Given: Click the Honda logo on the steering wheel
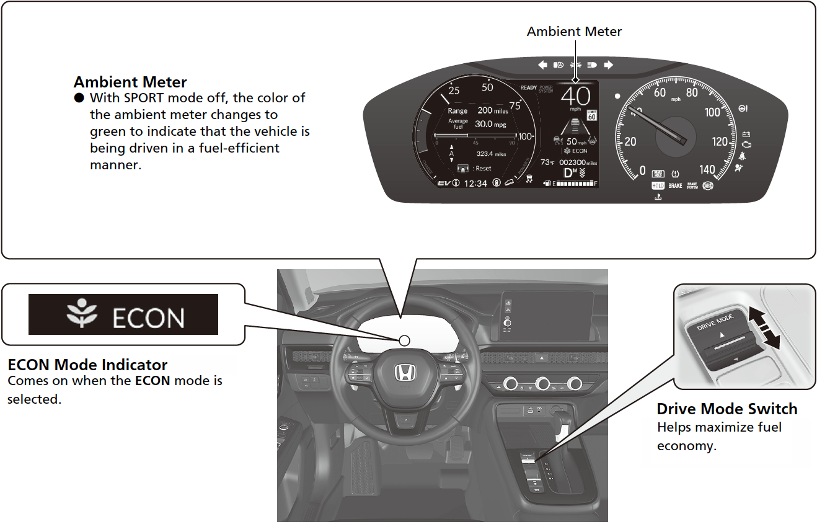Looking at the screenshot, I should coord(405,373).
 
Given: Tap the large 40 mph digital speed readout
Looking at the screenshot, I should coord(575,97).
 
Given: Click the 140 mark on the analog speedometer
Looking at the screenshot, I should coord(707,169).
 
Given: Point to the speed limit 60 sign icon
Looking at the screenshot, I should coord(592,114).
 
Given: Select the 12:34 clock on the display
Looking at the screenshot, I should coord(475,184).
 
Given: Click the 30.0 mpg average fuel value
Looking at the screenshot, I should coord(490,124).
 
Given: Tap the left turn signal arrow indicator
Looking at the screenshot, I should coord(542,64).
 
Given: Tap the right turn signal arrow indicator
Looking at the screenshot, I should coord(608,64).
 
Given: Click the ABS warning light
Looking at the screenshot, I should coord(708,185).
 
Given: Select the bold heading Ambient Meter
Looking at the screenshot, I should coord(130,82).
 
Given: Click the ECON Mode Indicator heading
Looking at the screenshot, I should coord(87,365).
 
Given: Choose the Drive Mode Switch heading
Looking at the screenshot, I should coord(726,409).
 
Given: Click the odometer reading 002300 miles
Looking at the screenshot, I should coord(578,162).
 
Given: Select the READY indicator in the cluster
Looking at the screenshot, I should coord(529,88).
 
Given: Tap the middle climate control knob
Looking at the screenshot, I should coord(543,384).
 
